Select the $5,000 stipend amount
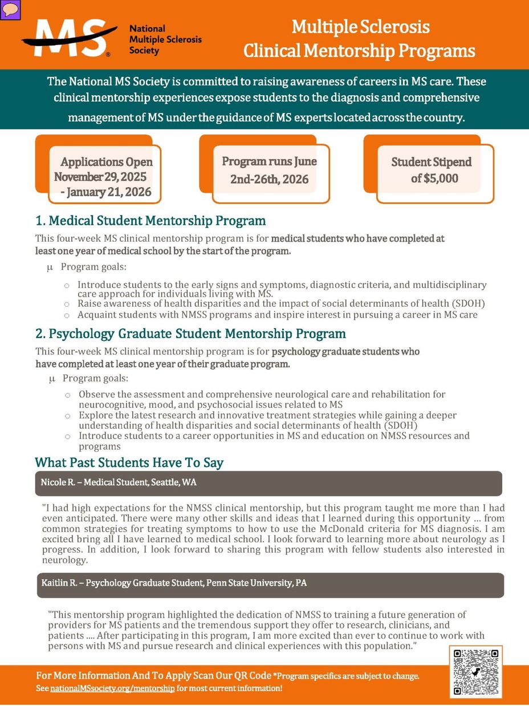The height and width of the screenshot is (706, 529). pos(434,178)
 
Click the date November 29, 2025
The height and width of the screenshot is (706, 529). pos(100,177)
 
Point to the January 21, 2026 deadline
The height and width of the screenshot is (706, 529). pos(108,192)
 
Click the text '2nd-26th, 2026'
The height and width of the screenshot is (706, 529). pos(269,179)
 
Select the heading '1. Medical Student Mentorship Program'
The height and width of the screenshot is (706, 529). pos(150,220)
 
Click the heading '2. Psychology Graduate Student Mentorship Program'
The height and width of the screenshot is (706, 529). pos(190,333)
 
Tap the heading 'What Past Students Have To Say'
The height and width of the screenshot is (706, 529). pos(129,462)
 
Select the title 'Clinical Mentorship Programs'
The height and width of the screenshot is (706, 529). pos(359,51)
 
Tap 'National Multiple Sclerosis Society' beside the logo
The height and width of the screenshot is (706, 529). pos(165,39)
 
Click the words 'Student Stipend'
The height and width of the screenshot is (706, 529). pos(432,162)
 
